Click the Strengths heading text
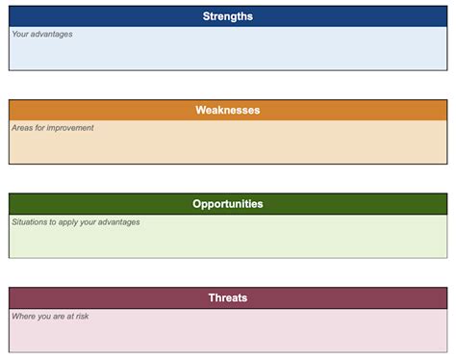pos(228,16)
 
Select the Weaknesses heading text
pos(228,110)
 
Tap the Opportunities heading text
pos(228,204)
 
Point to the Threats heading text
pos(228,297)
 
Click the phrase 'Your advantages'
pos(42,35)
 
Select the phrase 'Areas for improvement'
pos(53,128)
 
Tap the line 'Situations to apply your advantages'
pos(76,222)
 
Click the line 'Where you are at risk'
pos(50,316)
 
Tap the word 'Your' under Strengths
pos(20,35)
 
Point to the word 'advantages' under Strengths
pos(52,35)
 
